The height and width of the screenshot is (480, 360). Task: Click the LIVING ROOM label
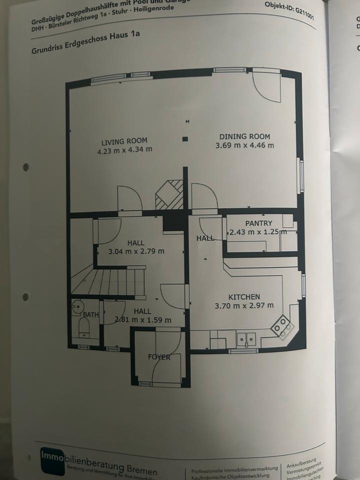point(124,141)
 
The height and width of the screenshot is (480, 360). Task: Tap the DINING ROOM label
point(244,136)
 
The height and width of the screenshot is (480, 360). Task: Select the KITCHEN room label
point(244,296)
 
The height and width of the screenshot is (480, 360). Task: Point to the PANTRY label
point(258,223)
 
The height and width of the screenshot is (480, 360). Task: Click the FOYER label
point(159,357)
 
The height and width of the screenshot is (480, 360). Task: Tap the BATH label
point(91,314)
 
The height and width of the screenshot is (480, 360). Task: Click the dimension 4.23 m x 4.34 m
point(124,150)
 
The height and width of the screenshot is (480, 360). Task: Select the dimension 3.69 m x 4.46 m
point(244,145)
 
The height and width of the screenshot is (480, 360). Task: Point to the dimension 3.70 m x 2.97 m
point(244,305)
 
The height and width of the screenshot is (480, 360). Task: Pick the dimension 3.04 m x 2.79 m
point(136,251)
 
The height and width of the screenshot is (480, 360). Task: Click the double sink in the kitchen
point(246,338)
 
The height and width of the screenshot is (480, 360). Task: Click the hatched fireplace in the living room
point(169,195)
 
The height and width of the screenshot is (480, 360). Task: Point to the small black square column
point(185,139)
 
